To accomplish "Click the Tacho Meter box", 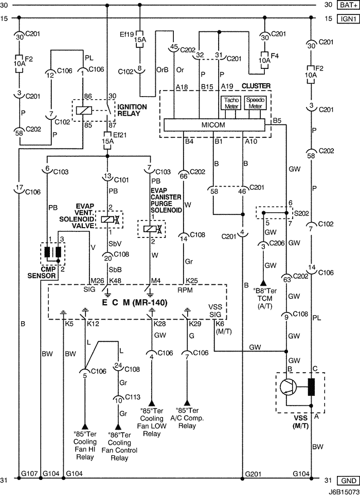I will tap(230, 103).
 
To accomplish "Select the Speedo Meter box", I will tap(254, 103).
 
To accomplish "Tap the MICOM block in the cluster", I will tap(213, 125).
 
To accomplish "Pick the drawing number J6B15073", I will tap(340, 491).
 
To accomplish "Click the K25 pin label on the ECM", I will tap(191, 280).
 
